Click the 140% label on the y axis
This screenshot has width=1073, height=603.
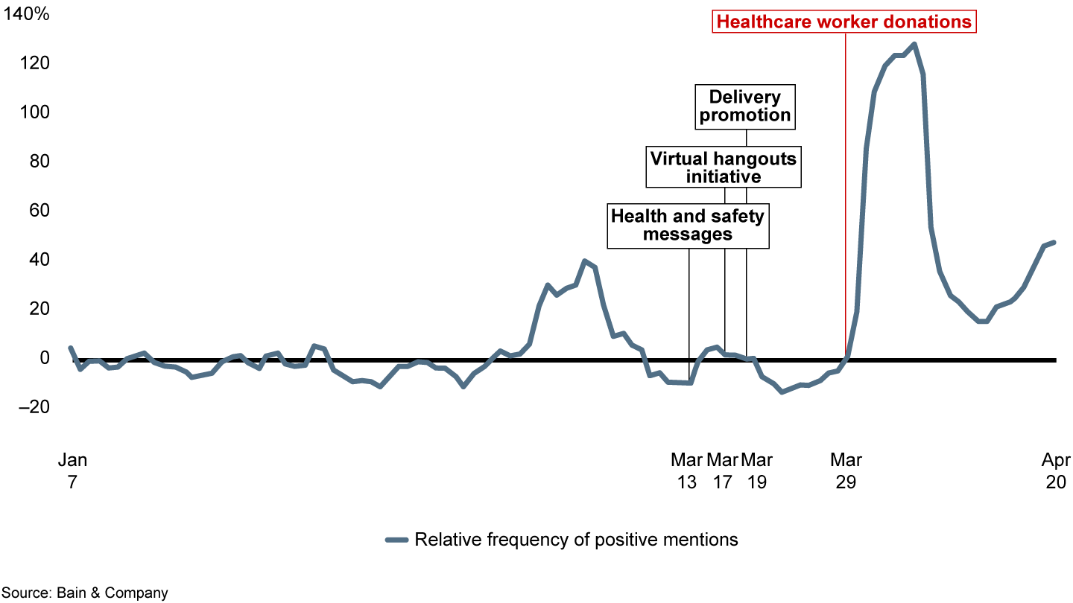click(x=28, y=14)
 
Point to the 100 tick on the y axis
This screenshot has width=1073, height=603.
click(x=34, y=112)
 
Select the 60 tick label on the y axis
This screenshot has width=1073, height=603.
click(x=38, y=211)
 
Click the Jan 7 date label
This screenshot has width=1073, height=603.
click(x=72, y=470)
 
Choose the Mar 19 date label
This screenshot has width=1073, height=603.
click(x=756, y=470)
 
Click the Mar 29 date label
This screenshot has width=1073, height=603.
click(x=846, y=470)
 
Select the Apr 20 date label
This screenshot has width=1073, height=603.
click(x=1055, y=470)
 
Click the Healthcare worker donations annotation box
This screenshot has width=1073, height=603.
click(x=844, y=22)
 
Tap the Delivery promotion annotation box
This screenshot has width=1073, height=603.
click(x=745, y=106)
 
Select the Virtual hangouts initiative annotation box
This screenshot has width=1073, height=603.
click(x=724, y=167)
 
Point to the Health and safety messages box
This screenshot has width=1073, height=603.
click(x=688, y=225)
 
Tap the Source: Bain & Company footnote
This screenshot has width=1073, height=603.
click(x=84, y=593)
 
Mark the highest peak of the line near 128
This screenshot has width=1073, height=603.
click(x=914, y=45)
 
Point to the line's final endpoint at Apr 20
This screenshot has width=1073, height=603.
click(x=1054, y=243)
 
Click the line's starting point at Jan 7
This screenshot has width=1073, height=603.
click(x=71, y=348)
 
